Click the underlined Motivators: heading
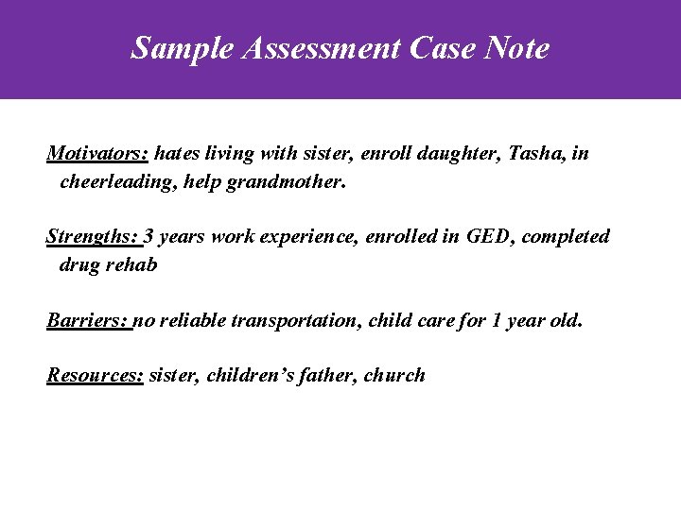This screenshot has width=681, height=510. (x=97, y=153)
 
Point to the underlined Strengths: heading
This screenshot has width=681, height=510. (x=93, y=236)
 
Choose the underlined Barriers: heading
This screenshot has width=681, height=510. (x=89, y=320)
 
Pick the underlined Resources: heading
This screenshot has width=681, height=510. (x=95, y=375)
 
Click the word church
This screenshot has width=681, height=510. (x=395, y=375)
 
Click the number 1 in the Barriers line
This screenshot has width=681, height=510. (x=498, y=320)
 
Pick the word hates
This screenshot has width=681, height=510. (x=177, y=153)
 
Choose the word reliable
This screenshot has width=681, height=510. (x=195, y=320)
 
